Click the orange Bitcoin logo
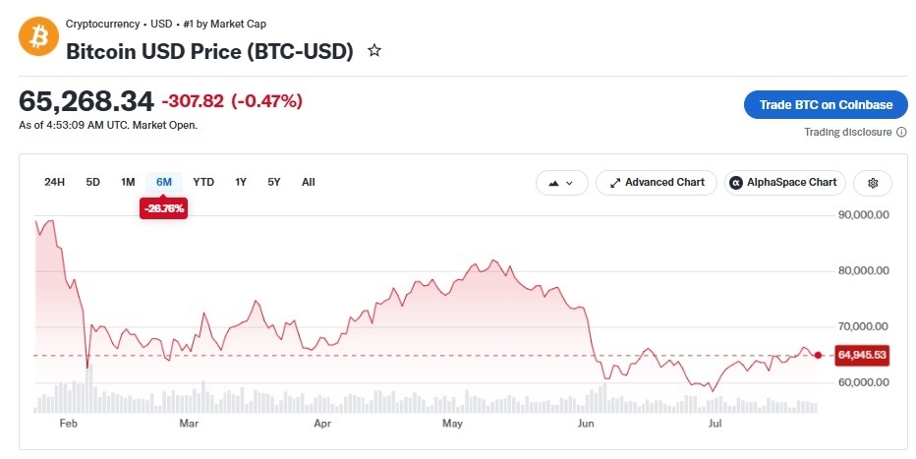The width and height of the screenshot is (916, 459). [38, 36]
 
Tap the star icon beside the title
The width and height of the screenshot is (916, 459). [374, 51]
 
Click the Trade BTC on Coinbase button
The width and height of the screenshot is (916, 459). [826, 105]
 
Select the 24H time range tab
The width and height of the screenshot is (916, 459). [54, 182]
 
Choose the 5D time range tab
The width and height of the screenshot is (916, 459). [93, 182]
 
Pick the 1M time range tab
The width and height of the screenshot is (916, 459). [128, 182]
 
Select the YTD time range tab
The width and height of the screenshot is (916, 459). [203, 182]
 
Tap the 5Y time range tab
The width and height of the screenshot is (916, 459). [274, 182]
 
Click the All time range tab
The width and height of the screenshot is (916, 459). [309, 182]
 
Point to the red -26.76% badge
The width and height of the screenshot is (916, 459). [163, 208]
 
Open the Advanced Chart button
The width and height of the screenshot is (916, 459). [656, 183]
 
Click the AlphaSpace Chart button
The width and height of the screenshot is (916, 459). [785, 183]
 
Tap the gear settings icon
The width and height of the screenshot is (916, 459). [873, 183]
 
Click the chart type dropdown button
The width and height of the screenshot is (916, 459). [561, 183]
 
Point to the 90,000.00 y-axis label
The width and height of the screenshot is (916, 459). [864, 215]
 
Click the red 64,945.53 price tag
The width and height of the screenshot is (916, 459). [862, 355]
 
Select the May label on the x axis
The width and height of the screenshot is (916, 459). [452, 424]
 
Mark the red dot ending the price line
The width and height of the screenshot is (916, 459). [818, 355]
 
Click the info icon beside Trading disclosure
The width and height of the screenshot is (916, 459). [901, 132]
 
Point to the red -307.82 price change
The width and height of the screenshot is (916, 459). [193, 101]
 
